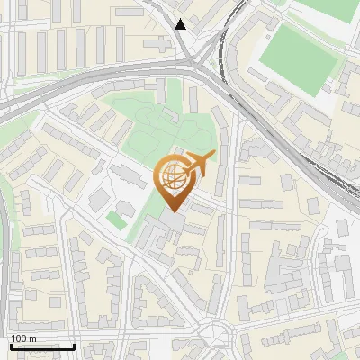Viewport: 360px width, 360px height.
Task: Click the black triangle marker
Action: [x=181, y=24]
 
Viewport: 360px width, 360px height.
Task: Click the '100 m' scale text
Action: [x=23, y=338]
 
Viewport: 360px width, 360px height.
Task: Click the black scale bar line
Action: [x=42, y=346]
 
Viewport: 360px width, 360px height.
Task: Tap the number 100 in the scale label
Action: [x=19, y=338]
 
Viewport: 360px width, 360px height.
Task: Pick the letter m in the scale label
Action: [x=32, y=338]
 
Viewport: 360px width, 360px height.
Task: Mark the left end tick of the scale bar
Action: [x=11, y=344]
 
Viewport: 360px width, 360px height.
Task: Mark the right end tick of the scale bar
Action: [x=74, y=344]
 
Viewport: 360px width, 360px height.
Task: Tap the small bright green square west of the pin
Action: [x=116, y=219]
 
